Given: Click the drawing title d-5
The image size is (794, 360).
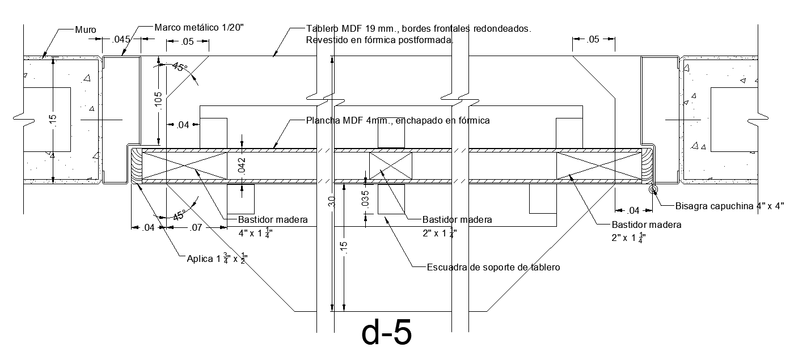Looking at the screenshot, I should click(386, 334).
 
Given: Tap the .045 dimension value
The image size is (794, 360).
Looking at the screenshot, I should click(121, 40).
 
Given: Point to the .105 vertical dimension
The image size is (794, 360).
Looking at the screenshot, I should click(158, 101).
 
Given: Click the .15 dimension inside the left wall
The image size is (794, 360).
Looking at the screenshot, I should click(53, 121).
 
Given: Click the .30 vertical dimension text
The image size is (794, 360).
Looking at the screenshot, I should click(332, 202).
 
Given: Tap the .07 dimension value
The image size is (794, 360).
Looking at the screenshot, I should click(196, 228).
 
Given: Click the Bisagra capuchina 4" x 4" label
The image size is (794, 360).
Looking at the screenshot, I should click(729, 206).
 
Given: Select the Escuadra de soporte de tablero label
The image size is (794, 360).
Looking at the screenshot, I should click(493, 267).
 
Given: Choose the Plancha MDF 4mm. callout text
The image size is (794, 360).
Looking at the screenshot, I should click(398, 121).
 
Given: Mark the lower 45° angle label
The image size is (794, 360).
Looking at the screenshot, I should click(179, 216).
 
